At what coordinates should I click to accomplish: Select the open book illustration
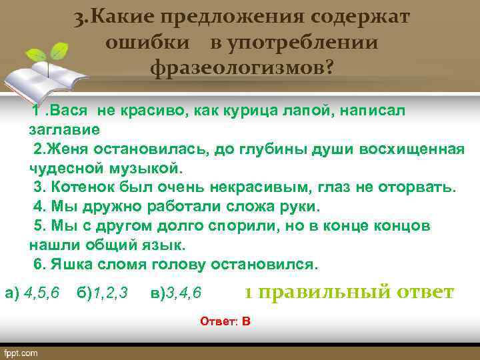click(x=47, y=77)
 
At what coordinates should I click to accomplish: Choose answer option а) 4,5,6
click(x=31, y=293)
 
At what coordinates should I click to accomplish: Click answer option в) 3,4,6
click(x=177, y=293)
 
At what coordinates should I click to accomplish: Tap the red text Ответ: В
click(x=225, y=321)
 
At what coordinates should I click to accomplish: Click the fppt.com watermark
click(x=21, y=353)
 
